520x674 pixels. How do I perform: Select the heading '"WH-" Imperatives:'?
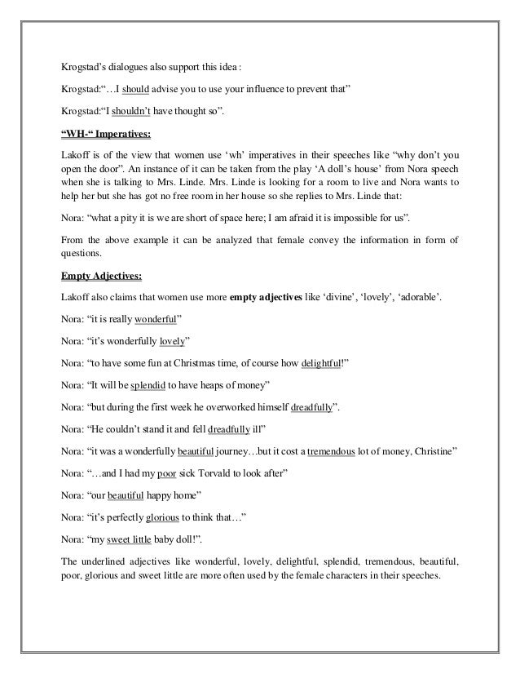click(105, 135)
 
